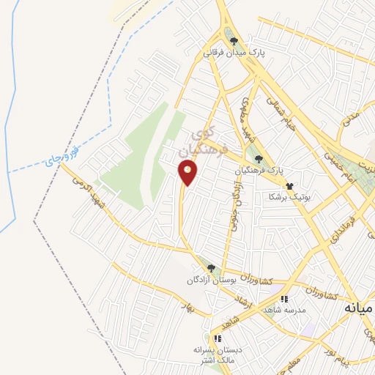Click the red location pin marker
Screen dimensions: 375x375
click(x=187, y=173)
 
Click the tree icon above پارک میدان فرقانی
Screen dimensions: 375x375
click(x=234, y=41)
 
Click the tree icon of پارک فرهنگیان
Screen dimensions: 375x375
click(x=257, y=157)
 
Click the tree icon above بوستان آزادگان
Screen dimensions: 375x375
click(x=211, y=268)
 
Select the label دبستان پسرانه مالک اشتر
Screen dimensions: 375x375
click(x=217, y=355)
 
